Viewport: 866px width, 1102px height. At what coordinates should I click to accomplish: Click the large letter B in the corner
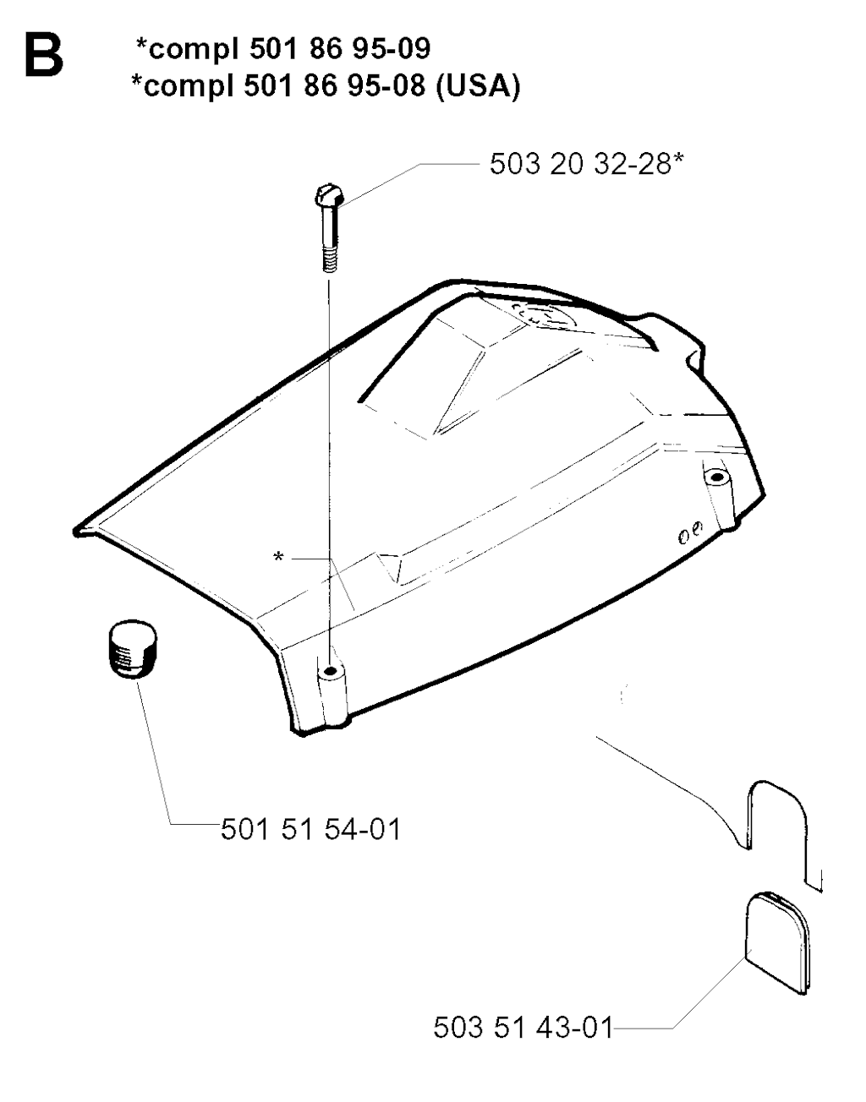tap(44, 56)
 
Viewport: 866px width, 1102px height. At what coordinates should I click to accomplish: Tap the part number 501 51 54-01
tap(311, 830)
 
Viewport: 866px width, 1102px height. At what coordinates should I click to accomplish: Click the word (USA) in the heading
tap(478, 86)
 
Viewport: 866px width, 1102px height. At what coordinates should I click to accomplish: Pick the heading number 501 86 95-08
tap(334, 86)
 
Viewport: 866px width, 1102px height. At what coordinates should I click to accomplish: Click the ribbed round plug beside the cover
tap(133, 649)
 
